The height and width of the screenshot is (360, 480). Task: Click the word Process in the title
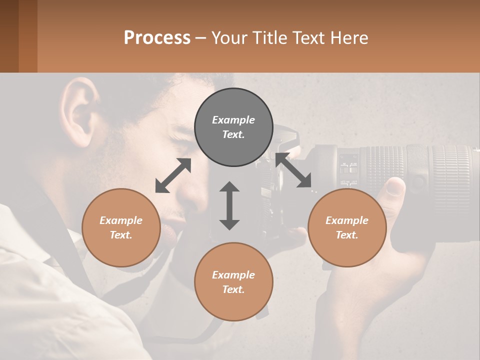157,38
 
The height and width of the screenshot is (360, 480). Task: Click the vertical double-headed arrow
229,206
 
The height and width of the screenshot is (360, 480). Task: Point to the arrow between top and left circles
173,175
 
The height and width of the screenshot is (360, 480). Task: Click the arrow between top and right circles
293,170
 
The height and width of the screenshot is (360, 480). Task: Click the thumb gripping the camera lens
395,188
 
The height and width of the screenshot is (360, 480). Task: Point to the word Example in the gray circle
233,120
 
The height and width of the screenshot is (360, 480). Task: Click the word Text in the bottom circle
233,289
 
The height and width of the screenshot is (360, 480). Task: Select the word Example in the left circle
121,220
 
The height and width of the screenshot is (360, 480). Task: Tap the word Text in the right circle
346,235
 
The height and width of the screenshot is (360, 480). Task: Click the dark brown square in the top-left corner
9,36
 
